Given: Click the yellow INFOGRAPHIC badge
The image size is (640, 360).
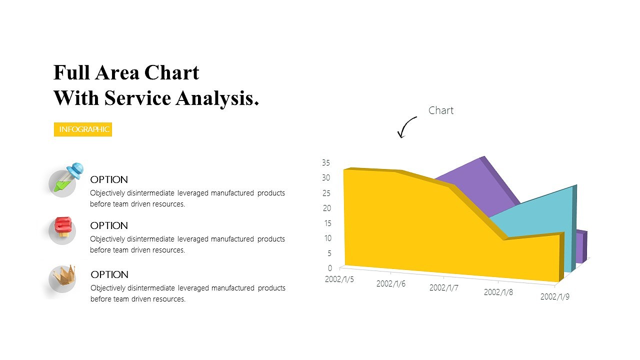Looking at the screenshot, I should [x=83, y=129].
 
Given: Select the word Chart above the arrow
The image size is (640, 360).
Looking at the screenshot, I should [x=440, y=110].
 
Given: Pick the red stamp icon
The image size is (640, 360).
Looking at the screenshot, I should [x=63, y=228].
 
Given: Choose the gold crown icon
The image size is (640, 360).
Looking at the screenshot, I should [x=64, y=276].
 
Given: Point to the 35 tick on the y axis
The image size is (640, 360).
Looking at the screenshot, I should [x=325, y=162].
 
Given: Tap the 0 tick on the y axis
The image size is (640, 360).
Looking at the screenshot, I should [x=329, y=268].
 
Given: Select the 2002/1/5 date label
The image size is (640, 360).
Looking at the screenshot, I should [x=339, y=279].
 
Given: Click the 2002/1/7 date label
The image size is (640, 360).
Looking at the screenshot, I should [x=444, y=288].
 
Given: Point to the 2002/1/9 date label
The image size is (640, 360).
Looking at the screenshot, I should [x=555, y=296].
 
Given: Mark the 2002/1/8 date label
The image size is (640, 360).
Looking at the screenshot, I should [x=498, y=292].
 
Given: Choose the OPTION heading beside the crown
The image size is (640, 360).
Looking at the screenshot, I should [x=109, y=274].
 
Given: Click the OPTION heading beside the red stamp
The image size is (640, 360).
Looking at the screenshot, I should [x=109, y=225].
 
